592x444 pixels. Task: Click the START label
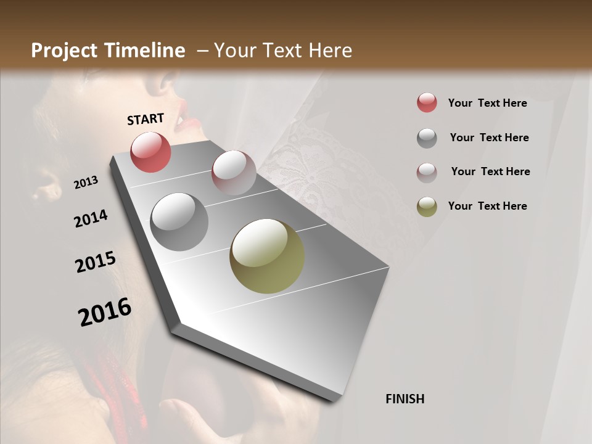pos(146,119)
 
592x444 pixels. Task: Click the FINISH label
pos(405,399)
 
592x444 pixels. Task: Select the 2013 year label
pos(86,183)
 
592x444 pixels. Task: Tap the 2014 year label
pos(91,219)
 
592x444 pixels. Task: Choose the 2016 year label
pos(105,312)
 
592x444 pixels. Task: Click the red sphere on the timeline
pos(150,152)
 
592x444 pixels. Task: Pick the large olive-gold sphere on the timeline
pos(267,256)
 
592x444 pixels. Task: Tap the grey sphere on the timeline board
pos(179,222)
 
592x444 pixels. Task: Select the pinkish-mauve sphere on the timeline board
pos(234,173)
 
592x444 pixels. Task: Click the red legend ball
pos(427,103)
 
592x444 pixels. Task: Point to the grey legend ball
pos(427,138)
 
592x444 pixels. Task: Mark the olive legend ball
pos(427,207)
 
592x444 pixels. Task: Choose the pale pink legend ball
pos(427,172)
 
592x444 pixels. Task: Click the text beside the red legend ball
pos(487,103)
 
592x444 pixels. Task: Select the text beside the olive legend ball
pos(487,206)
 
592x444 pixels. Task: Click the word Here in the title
pos(330,51)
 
